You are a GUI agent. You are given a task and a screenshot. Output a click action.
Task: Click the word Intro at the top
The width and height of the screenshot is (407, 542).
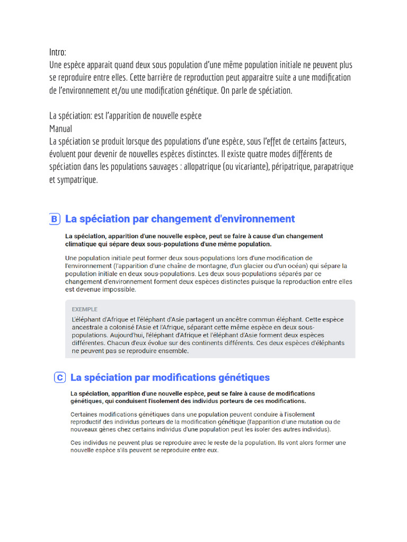click(x=57, y=52)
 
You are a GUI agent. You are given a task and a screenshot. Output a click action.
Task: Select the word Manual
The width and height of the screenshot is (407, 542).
click(x=61, y=129)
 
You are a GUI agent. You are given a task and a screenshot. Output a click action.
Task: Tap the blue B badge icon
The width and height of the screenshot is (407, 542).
click(x=54, y=219)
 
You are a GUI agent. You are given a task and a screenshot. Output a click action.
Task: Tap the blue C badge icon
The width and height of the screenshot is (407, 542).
click(x=60, y=377)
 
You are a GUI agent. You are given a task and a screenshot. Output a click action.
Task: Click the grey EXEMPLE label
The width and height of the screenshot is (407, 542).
click(x=85, y=309)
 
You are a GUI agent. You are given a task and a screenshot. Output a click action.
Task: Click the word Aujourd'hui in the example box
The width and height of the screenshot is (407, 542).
click(x=123, y=335)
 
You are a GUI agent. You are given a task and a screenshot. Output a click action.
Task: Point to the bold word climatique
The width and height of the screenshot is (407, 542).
click(x=85, y=244)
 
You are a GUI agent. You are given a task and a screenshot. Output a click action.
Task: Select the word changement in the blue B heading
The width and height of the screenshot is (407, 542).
click(x=180, y=219)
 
